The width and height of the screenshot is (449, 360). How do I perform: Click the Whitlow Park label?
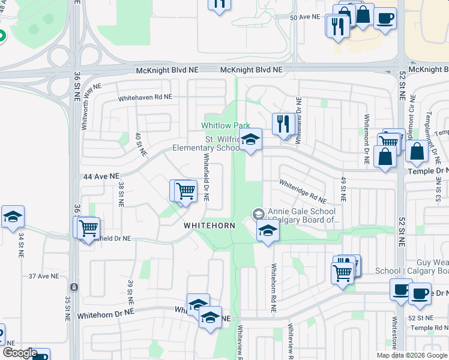pos(225,125)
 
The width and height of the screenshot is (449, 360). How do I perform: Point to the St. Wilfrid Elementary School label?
pos(206,143)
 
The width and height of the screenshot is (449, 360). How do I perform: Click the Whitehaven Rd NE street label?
pos(145,97)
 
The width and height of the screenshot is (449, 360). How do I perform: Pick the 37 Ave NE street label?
pos(44,276)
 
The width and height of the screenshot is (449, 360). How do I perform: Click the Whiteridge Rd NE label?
pos(303,191)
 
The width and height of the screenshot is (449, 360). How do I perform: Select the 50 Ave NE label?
pos(305,17)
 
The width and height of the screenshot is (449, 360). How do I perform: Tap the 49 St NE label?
pos(343,188)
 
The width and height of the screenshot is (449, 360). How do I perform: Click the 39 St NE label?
pos(129,291)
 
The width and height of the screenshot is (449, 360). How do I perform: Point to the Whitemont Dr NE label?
pos(366,140)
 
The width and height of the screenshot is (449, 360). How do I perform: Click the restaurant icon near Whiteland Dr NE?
pos(283,124)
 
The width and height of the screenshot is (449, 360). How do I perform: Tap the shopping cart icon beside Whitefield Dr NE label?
pos(185,191)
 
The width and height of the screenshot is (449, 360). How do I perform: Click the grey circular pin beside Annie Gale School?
pos(258,214)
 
